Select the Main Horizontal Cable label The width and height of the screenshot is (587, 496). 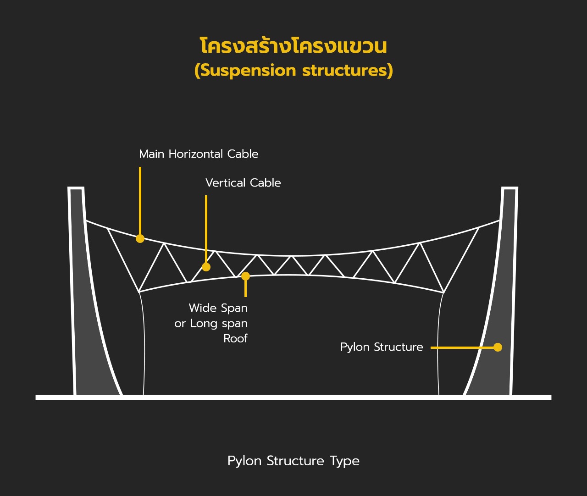coord(199,154)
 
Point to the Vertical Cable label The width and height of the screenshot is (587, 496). coord(243,183)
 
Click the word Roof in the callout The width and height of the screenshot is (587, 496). coord(235,338)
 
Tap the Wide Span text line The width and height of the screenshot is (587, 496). coord(218,308)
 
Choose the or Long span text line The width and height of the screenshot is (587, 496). coord(211,323)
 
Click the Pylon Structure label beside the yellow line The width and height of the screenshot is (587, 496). coord(382,347)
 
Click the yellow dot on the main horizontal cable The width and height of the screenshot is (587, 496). coord(140,238)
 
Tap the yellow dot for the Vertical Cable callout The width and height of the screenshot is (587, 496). coord(206,267)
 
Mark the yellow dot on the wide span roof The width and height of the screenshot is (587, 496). coord(246,276)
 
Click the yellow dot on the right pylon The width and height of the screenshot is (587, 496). coord(498,347)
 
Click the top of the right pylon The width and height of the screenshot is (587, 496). coord(510,188)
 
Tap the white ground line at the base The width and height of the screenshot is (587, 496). coord(293,397)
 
